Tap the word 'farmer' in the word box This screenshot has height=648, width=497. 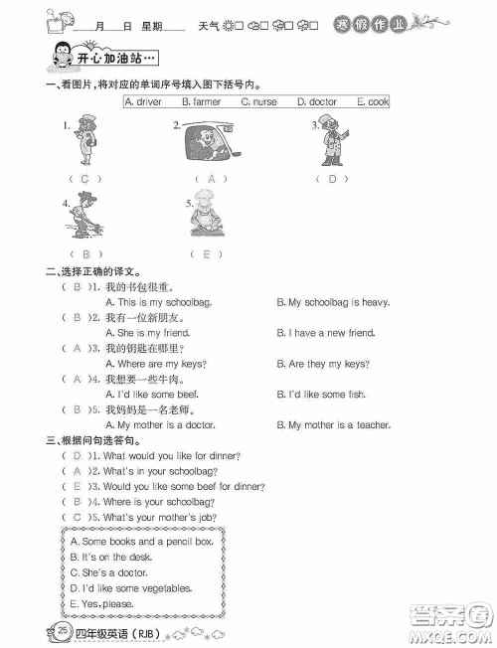pyautogui.click(x=207, y=101)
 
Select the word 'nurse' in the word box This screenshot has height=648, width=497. pyautogui.click(x=263, y=101)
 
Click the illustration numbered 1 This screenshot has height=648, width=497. pyautogui.click(x=80, y=143)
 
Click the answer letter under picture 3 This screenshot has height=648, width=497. pyautogui.click(x=332, y=179)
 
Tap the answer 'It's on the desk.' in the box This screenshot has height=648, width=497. pyautogui.click(x=108, y=558)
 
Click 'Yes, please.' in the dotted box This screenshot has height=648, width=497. pyautogui.click(x=102, y=603)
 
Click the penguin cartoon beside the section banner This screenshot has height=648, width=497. pyautogui.click(x=60, y=59)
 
